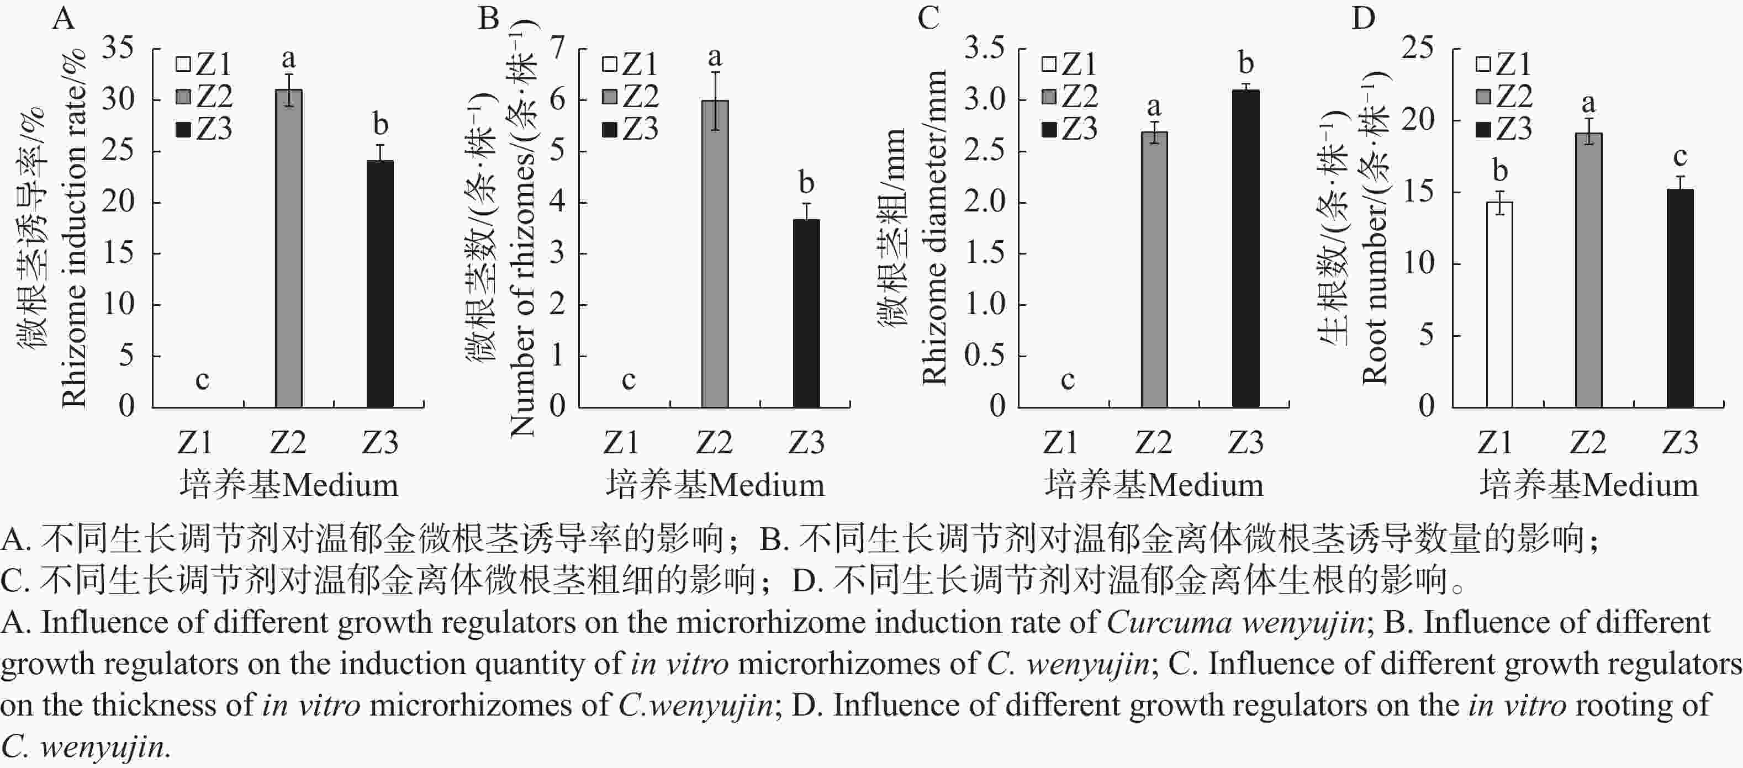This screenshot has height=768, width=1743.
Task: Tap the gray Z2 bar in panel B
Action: pyautogui.click(x=715, y=254)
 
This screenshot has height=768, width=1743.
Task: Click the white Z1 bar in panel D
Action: pyautogui.click(x=1499, y=304)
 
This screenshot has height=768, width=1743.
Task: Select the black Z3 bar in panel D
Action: pyautogui.click(x=1680, y=298)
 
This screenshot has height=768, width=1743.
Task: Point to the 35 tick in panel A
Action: pyautogui.click(x=118, y=49)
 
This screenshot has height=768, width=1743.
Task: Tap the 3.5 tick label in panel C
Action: pyautogui.click(x=985, y=49)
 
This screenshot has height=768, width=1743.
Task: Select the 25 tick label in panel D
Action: pyautogui.click(x=1418, y=49)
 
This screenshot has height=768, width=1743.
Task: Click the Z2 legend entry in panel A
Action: pyautogui.click(x=205, y=97)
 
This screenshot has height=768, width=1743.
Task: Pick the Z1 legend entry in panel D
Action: pyautogui.click(x=1504, y=64)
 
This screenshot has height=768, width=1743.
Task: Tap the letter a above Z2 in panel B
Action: pyautogui.click(x=715, y=57)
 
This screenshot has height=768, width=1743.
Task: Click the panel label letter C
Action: pyautogui.click(x=928, y=18)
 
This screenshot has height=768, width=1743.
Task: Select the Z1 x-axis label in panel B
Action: pyautogui.click(x=621, y=443)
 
